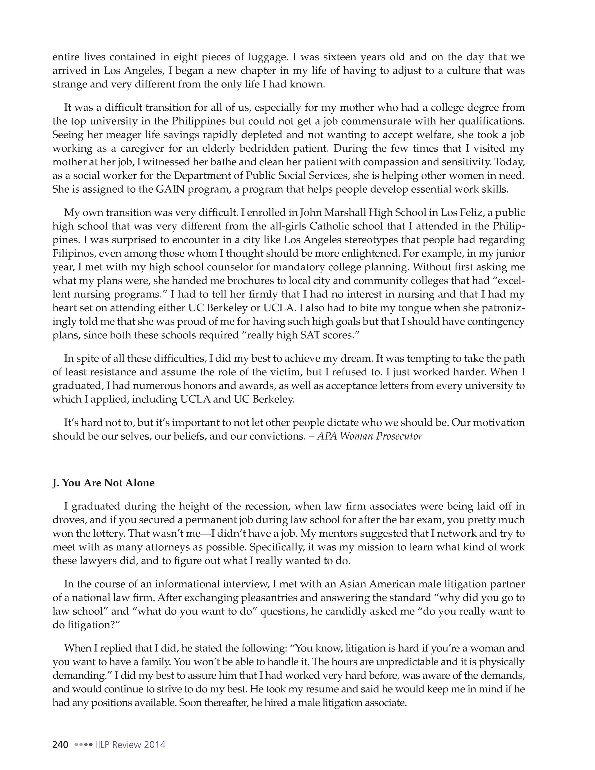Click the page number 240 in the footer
point(60,745)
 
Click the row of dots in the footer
point(83,745)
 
